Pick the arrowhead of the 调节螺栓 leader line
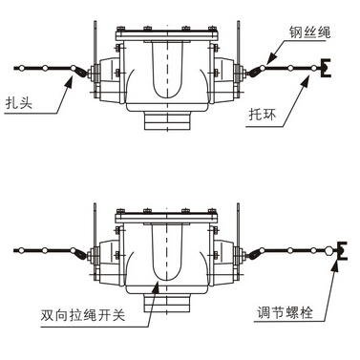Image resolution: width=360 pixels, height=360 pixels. (x=337, y=263)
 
